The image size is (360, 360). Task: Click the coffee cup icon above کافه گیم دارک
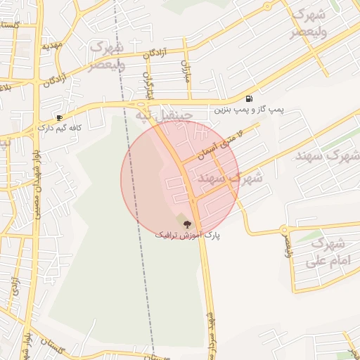point(59,117)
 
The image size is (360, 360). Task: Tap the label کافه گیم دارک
point(61,129)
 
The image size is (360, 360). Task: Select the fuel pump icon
point(250,98)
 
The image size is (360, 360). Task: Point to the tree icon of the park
point(187,224)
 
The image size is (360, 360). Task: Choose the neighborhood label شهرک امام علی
point(326,254)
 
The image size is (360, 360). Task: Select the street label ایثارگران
point(148,85)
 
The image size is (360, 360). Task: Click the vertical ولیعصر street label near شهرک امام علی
point(287,245)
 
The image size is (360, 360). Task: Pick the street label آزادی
point(15,289)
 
